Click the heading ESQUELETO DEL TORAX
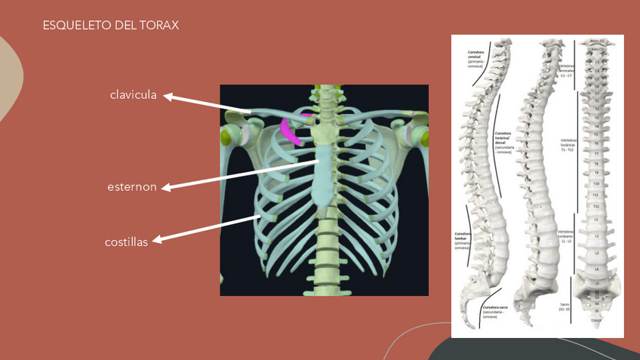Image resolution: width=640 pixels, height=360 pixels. [x=111, y=26]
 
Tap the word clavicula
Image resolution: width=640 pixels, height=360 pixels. [x=133, y=95]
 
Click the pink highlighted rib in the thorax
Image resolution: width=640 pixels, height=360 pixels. [x=291, y=131]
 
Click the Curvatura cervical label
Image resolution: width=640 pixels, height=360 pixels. [x=475, y=59]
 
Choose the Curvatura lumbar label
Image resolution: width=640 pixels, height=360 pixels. [x=463, y=239]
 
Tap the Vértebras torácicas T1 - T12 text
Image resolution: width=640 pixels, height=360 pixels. [x=567, y=145]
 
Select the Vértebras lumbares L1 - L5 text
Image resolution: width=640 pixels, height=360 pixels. [x=567, y=235]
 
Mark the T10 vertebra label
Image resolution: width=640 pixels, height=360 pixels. [x=596, y=183]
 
